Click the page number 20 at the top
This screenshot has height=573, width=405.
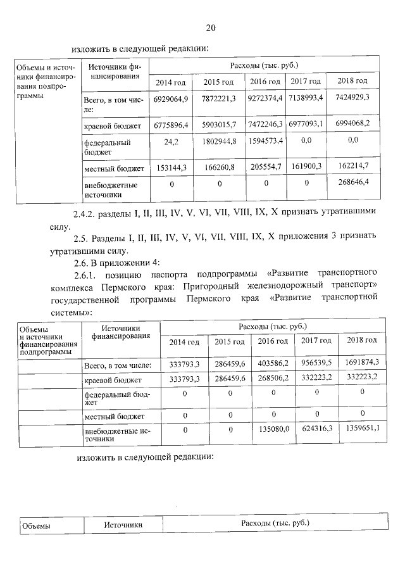[211, 28]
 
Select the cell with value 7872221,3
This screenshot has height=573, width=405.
[219, 99]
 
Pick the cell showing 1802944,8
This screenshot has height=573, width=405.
[219, 141]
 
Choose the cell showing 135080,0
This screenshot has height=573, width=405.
[274, 429]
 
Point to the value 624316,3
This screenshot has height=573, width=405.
[317, 429]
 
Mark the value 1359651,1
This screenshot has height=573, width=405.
[362, 429]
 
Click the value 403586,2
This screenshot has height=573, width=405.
[274, 363]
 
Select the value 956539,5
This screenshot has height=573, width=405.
[317, 363]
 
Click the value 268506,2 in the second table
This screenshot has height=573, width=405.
[274, 377]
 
